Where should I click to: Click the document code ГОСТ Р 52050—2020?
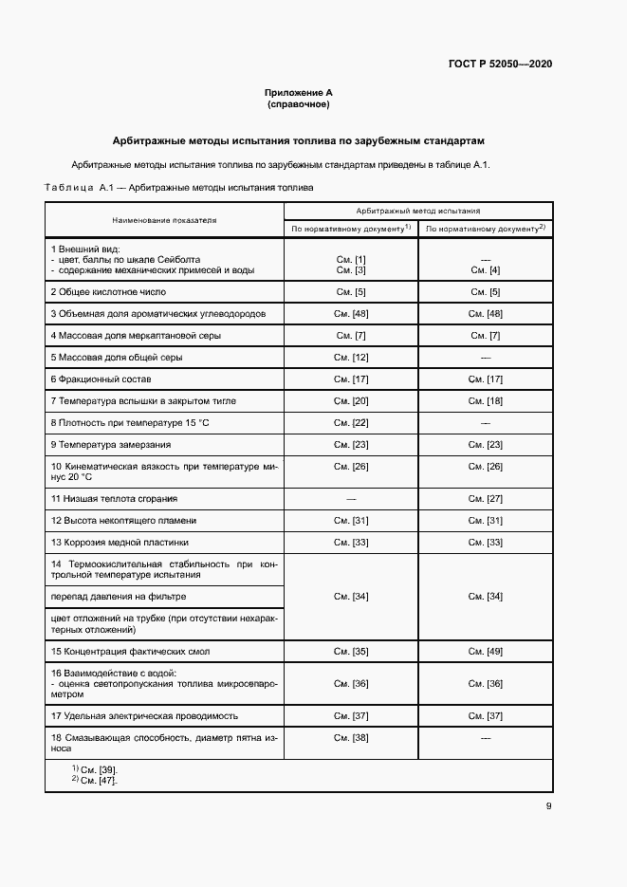pyautogui.click(x=500, y=65)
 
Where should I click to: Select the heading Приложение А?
pyautogui.click(x=298, y=93)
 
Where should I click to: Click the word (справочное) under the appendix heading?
pyautogui.click(x=298, y=104)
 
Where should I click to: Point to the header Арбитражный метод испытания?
pyautogui.click(x=418, y=211)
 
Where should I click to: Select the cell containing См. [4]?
pyautogui.click(x=485, y=270)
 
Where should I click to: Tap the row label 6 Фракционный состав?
pyautogui.click(x=100, y=379)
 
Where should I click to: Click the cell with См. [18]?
pyautogui.click(x=485, y=401)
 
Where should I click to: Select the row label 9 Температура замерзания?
pyautogui.click(x=111, y=445)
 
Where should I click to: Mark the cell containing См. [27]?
pyautogui.click(x=485, y=499)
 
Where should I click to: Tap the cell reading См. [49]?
pyautogui.click(x=485, y=652)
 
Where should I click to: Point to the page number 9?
pyautogui.click(x=549, y=807)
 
